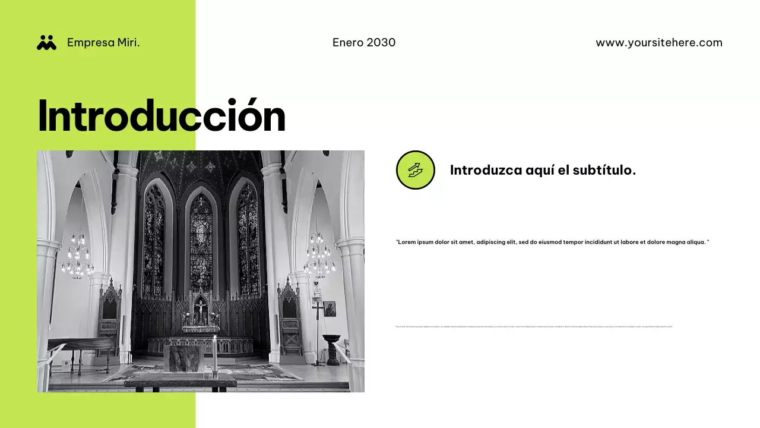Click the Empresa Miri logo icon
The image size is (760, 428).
click(46, 42)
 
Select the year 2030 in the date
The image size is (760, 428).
click(381, 43)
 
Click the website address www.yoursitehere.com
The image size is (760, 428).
click(659, 43)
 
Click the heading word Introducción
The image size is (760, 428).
click(161, 116)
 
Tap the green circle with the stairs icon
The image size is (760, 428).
click(416, 170)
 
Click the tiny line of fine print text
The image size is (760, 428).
click(534, 326)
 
